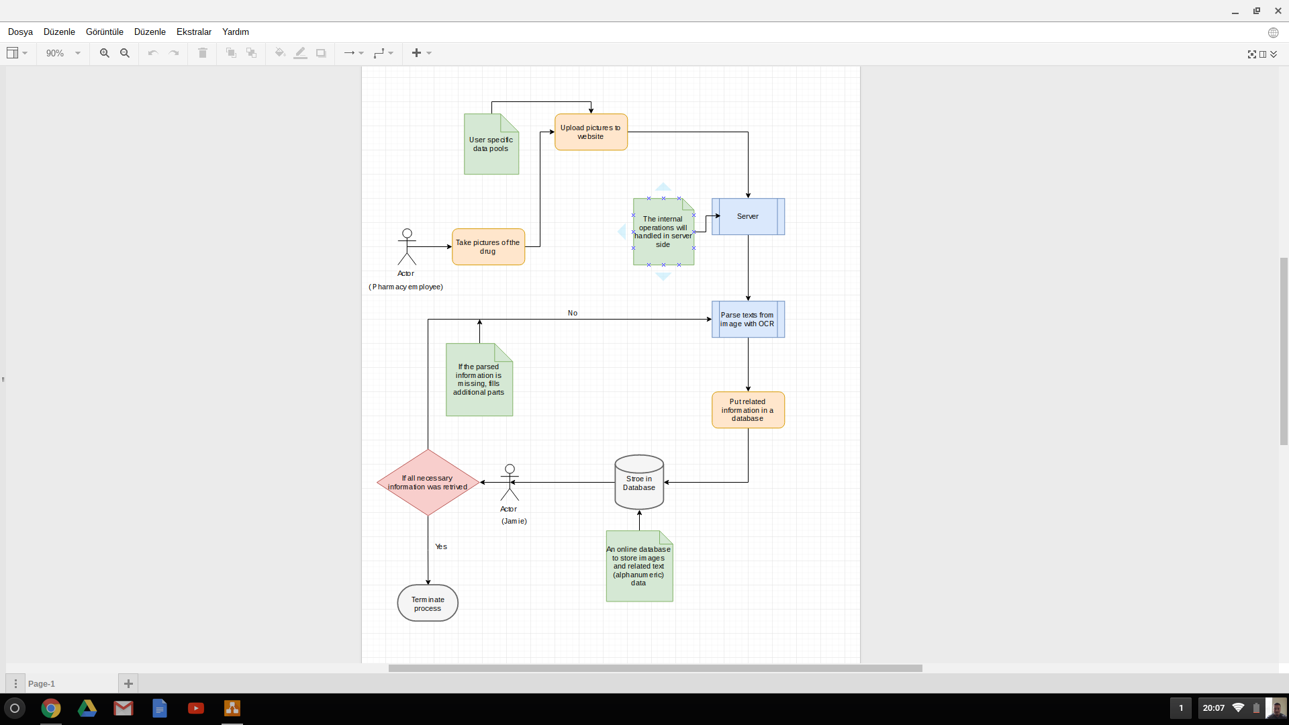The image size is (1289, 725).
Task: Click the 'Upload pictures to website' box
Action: tap(591, 132)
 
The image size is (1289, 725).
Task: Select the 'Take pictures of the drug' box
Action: tap(488, 247)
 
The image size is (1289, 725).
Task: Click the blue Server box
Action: tap(748, 217)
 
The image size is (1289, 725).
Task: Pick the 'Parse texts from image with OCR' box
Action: tap(748, 320)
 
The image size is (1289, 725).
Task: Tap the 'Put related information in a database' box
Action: tap(748, 410)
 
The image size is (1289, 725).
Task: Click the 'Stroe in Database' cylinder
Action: tap(639, 483)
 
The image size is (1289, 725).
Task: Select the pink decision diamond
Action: tap(428, 483)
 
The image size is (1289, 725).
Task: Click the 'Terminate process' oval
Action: tap(428, 603)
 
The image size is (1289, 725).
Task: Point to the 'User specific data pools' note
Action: tap(491, 145)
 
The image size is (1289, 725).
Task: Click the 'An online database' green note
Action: tap(639, 567)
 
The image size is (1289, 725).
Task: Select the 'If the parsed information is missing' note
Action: tap(479, 380)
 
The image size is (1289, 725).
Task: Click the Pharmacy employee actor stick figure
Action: tap(407, 247)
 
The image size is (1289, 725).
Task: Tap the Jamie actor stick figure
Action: tap(510, 483)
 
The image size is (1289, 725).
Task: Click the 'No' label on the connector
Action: tap(573, 313)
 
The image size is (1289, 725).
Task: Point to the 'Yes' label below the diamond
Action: tap(441, 547)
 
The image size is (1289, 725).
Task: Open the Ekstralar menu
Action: tap(194, 32)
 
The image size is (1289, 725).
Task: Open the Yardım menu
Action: tap(236, 32)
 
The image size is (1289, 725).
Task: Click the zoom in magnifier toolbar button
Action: tap(105, 53)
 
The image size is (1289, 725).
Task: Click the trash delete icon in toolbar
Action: tap(203, 53)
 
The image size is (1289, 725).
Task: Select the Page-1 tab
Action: tap(42, 684)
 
